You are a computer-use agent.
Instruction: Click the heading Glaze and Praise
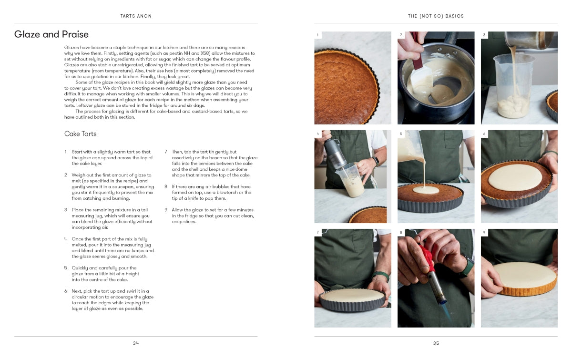point(51,34)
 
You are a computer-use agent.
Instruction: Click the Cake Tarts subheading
point(81,134)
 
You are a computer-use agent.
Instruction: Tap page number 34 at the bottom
point(136,343)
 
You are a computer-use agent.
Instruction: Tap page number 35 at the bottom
point(436,343)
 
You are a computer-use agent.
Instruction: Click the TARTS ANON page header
point(136,16)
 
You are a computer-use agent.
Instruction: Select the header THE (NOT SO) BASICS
point(436,16)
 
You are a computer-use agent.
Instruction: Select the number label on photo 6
point(484,134)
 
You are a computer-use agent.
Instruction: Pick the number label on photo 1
point(318,35)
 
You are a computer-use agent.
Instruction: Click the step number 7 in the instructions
point(166,152)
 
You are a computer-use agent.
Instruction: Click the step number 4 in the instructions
point(66,239)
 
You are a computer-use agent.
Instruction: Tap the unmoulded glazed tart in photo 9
point(523,278)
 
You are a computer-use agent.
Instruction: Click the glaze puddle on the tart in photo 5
point(426,190)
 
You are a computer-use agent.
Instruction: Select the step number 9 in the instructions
point(166,210)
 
